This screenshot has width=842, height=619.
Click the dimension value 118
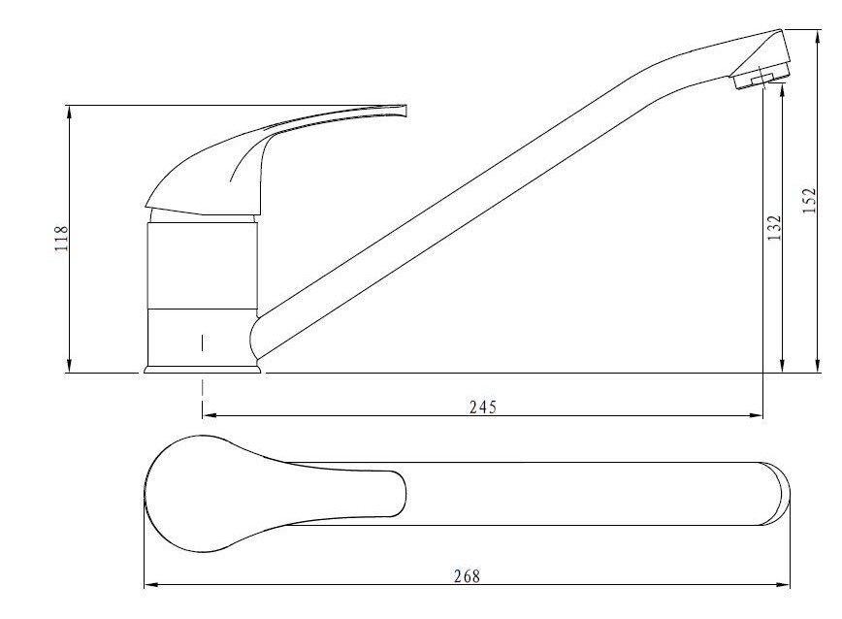pyautogui.click(x=62, y=239)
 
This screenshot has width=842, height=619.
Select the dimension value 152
pyautogui.click(x=809, y=201)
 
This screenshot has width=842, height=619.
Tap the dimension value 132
pyautogui.click(x=774, y=228)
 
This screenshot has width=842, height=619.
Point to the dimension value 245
pyautogui.click(x=483, y=407)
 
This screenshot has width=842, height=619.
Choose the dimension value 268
pyautogui.click(x=468, y=576)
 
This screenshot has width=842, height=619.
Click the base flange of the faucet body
pyautogui.click(x=203, y=370)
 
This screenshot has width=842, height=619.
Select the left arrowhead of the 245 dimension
pyautogui.click(x=210, y=415)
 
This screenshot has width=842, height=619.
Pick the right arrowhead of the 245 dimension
pyautogui.click(x=756, y=415)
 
